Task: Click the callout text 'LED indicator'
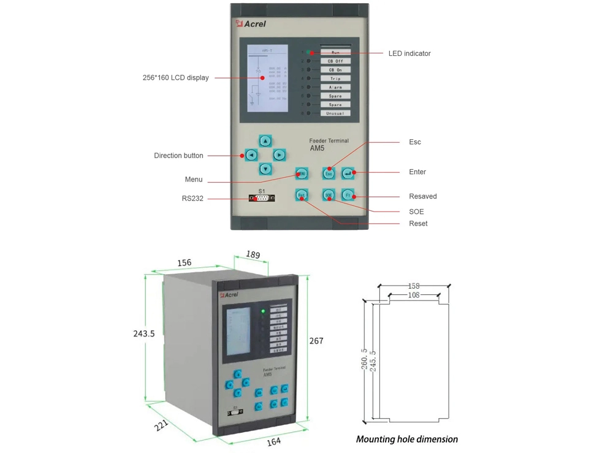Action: coord(409,53)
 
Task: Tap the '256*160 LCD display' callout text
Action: coord(175,78)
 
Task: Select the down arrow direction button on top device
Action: coord(265,169)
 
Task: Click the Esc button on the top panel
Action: coord(329,174)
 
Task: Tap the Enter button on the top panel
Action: coord(348,174)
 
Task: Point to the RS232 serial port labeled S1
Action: coord(262,198)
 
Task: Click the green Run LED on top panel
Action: coord(309,53)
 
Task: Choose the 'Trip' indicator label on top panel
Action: coord(335,78)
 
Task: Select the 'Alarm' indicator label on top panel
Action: coord(335,87)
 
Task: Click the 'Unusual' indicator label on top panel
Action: coord(335,113)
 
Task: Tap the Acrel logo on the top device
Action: coord(251,24)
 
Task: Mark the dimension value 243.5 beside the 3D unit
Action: coord(144,334)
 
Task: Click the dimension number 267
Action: coord(316,341)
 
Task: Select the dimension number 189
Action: coord(253,254)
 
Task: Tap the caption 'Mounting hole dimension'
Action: coord(407,439)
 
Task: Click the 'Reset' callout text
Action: coord(418,224)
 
